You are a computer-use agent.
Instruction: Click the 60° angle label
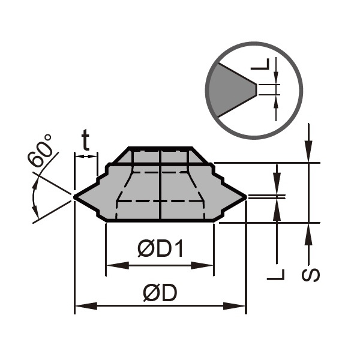pos(40,150)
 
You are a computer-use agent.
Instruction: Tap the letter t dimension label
pos(85,140)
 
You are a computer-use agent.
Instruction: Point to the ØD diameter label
pos(160,293)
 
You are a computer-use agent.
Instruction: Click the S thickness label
pos(311,275)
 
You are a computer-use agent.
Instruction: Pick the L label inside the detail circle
pos(260,64)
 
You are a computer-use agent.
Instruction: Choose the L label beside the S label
pos(275,275)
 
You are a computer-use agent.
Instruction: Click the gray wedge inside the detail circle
pos(230,90)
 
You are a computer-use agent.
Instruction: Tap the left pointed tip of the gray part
pos(74,197)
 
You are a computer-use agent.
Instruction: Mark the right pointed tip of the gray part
pos(246,197)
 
